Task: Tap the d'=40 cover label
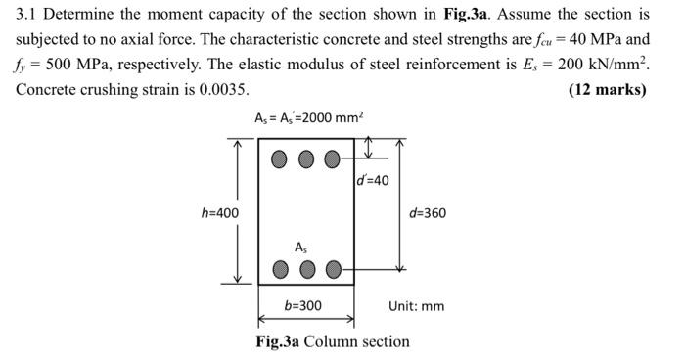pyautogui.click(x=372, y=181)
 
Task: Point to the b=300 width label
pyautogui.click(x=302, y=306)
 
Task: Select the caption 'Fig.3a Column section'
pyautogui.click(x=333, y=341)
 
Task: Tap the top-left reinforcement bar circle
pyautogui.click(x=281, y=157)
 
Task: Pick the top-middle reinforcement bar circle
pyautogui.click(x=307, y=157)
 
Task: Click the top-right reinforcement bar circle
pyautogui.click(x=333, y=157)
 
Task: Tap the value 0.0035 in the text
pyautogui.click(x=221, y=89)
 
